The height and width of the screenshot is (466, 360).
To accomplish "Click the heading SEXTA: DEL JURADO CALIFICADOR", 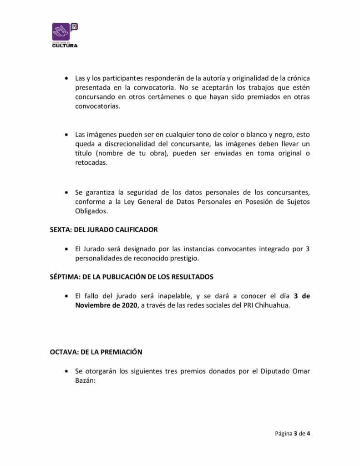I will [103, 229].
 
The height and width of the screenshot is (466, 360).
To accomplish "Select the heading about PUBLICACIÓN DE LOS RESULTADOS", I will [132, 277].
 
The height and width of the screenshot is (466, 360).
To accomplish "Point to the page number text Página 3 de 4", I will [293, 433].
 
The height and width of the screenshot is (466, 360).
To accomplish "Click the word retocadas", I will [91, 163].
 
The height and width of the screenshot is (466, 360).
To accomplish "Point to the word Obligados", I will [91, 211].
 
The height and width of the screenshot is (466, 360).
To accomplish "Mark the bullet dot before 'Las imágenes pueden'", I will [67, 135].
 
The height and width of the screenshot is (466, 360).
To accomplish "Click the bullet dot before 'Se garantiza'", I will [67, 192].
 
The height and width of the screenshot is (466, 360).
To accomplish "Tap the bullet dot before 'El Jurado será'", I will [67, 249].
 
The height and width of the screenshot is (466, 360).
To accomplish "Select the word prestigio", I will [185, 258].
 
